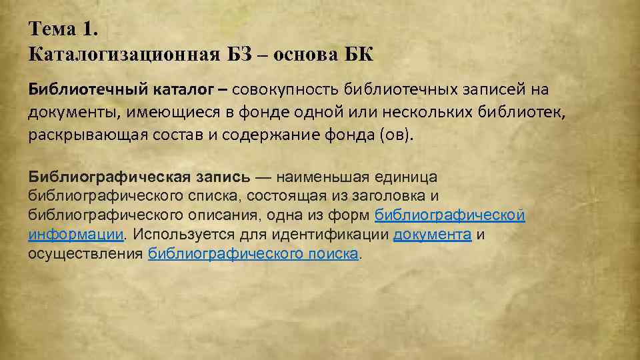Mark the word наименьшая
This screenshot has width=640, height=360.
click(325, 177)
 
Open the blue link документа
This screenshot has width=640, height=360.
click(433, 235)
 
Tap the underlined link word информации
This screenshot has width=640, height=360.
click(75, 235)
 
